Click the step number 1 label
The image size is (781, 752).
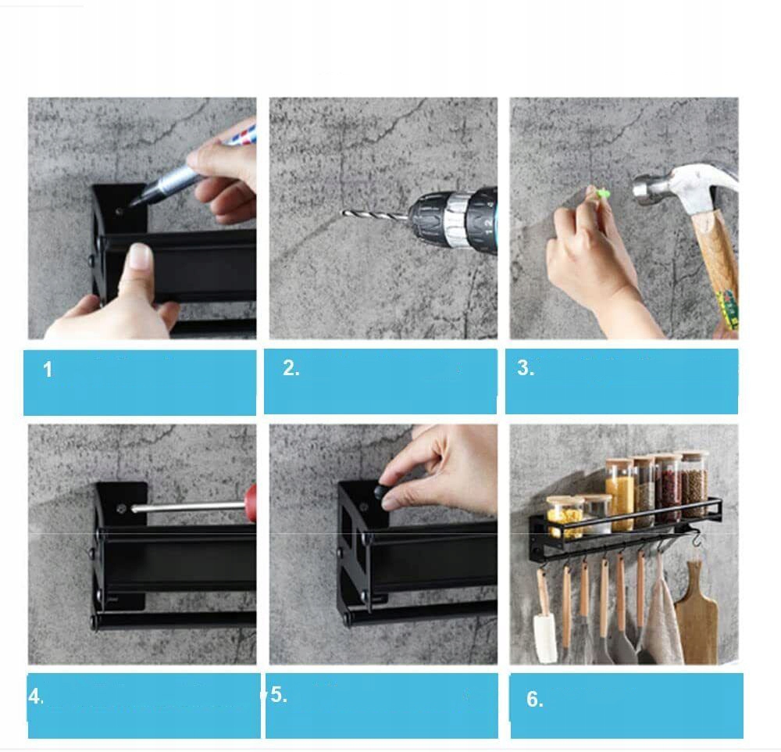48,370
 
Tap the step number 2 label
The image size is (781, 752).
291,368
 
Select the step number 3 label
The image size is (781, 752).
526,367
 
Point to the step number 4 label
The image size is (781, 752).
36,696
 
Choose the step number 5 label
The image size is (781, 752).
279,695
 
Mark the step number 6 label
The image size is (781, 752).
534,699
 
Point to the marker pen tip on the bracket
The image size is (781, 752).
133,203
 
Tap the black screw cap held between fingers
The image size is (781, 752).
382,492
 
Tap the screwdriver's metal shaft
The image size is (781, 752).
188,507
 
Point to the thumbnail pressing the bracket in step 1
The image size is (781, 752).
140,256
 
